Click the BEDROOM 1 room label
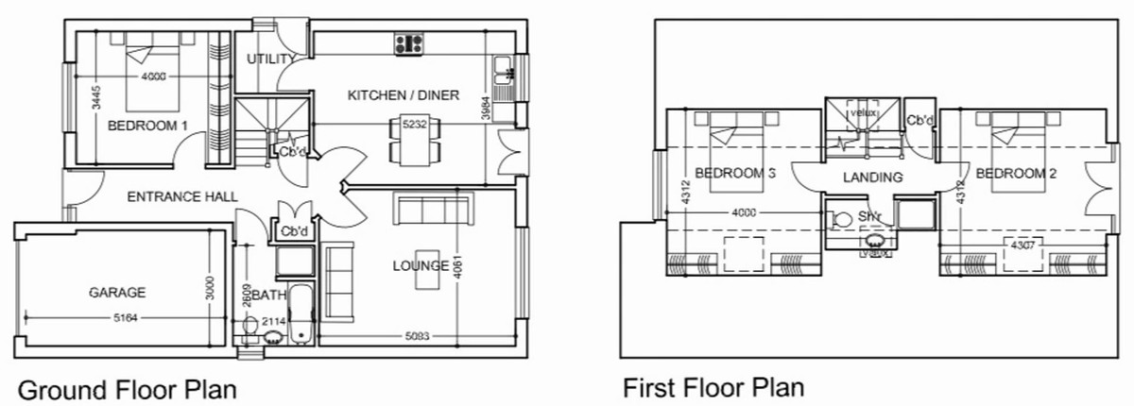click(x=147, y=126)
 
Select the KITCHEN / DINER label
click(x=404, y=95)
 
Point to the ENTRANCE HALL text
click(x=181, y=196)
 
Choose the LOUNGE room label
click(x=421, y=265)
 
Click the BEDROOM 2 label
click(x=1015, y=174)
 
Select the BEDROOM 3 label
click(x=735, y=174)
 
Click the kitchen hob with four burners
click(x=409, y=42)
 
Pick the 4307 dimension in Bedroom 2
click(x=1024, y=245)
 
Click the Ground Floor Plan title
click(x=127, y=389)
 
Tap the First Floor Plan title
click(x=713, y=387)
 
